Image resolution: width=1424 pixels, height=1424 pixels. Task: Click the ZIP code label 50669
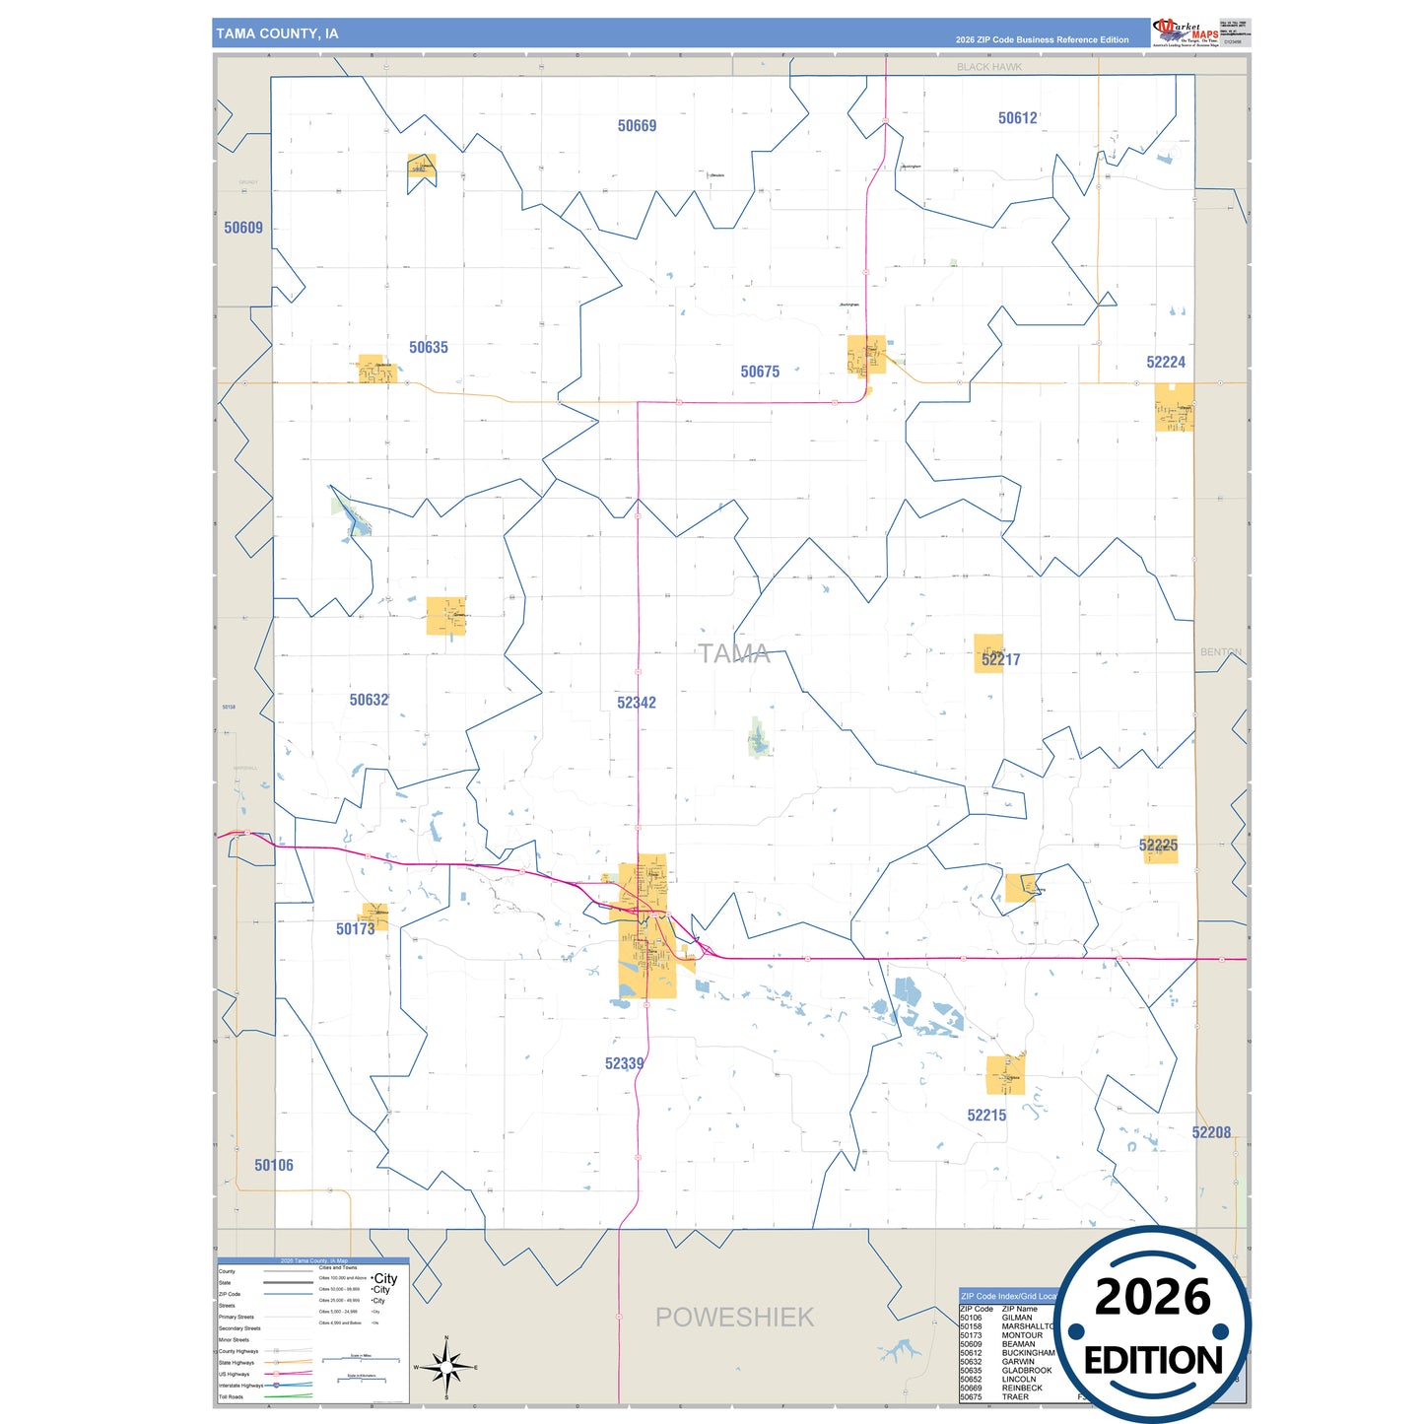coord(637,126)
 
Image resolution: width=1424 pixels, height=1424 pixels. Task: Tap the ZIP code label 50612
coord(1017,118)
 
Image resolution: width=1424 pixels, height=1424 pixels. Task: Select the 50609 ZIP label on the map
coord(243,228)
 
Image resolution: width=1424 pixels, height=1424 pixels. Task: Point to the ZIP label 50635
coord(429,347)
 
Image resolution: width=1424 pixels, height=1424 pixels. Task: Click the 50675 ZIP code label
coord(760,372)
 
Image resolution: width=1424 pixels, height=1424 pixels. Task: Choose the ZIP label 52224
coord(1166,363)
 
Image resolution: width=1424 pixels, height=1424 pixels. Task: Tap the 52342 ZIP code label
coord(637,703)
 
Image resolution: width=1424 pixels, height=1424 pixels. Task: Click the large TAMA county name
coord(734,653)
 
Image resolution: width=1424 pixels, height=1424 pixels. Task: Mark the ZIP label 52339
coord(625,1063)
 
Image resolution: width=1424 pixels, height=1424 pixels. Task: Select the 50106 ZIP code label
coord(274,1165)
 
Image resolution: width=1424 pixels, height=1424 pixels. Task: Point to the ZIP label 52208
coord(1211,1132)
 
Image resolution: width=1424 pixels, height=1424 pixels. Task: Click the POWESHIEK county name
coord(735,1318)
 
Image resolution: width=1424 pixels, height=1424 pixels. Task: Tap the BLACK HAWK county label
coord(989,67)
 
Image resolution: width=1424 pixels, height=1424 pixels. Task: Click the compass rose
coord(446,1368)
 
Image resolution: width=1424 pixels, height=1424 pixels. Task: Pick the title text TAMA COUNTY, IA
coord(278,34)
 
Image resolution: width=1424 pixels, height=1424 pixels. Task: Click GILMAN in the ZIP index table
coord(1017,1318)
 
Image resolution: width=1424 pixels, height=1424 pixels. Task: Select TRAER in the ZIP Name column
coord(1015,1396)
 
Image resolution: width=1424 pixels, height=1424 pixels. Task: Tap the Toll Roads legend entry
coord(231,1396)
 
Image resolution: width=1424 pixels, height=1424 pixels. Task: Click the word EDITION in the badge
coord(1153,1361)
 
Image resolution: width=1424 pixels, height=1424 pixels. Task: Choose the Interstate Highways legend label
coord(237,1386)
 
